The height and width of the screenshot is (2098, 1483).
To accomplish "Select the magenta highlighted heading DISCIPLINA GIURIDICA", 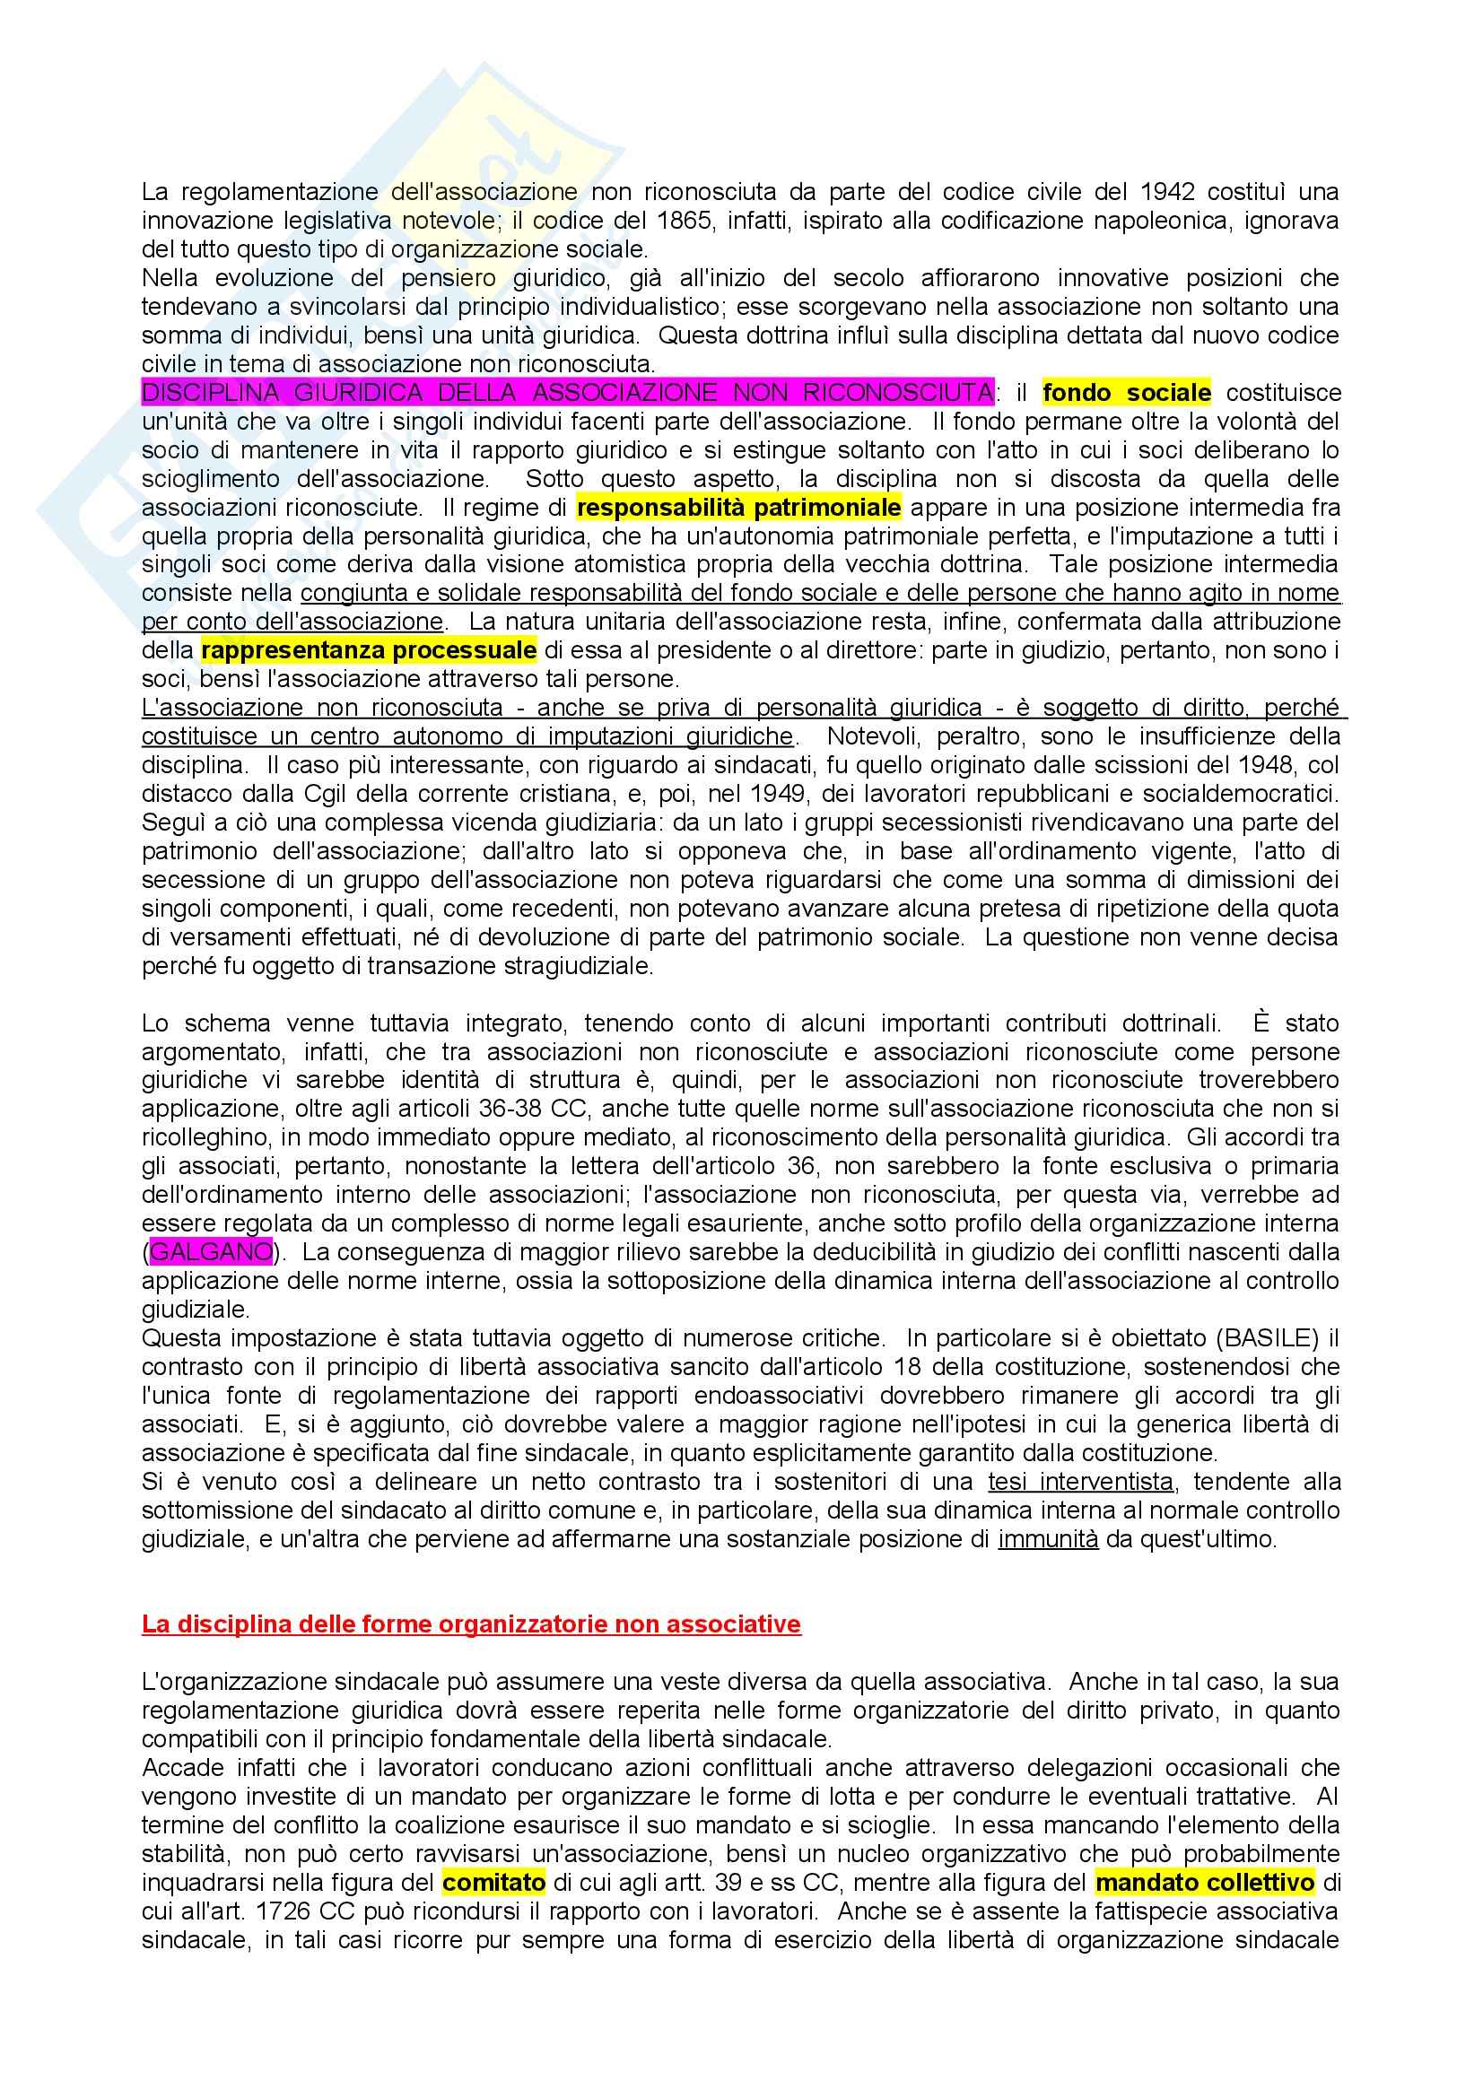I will pos(566,393).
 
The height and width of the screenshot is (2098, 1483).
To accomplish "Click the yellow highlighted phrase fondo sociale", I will pos(1126,393).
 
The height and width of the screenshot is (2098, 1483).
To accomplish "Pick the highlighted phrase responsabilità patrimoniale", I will pos(738,507).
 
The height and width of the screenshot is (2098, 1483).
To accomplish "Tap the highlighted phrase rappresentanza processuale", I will pos(369,649).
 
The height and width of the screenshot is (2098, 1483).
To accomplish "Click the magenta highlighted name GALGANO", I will pos(210,1252).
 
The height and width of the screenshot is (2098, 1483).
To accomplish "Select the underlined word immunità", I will pos(1048,1539).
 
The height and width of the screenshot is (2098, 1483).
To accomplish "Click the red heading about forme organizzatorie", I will pos(471,1624).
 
